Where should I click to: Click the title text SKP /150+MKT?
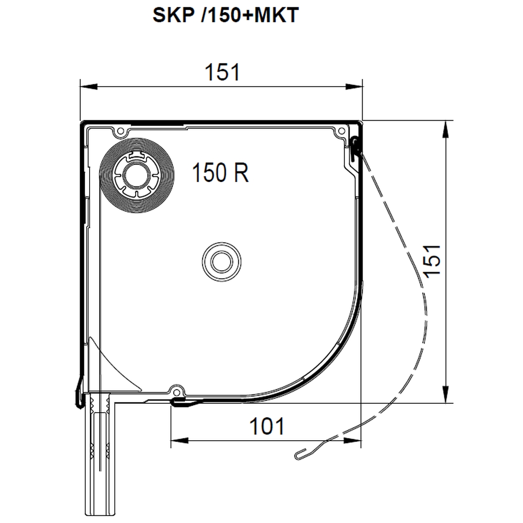tap(226, 15)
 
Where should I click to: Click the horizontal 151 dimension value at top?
tap(222, 72)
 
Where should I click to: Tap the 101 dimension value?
tap(267, 426)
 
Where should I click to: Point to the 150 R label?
tap(220, 172)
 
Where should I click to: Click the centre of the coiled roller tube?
tap(137, 175)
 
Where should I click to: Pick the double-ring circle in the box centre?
tap(221, 261)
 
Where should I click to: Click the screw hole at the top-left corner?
tap(121, 131)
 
